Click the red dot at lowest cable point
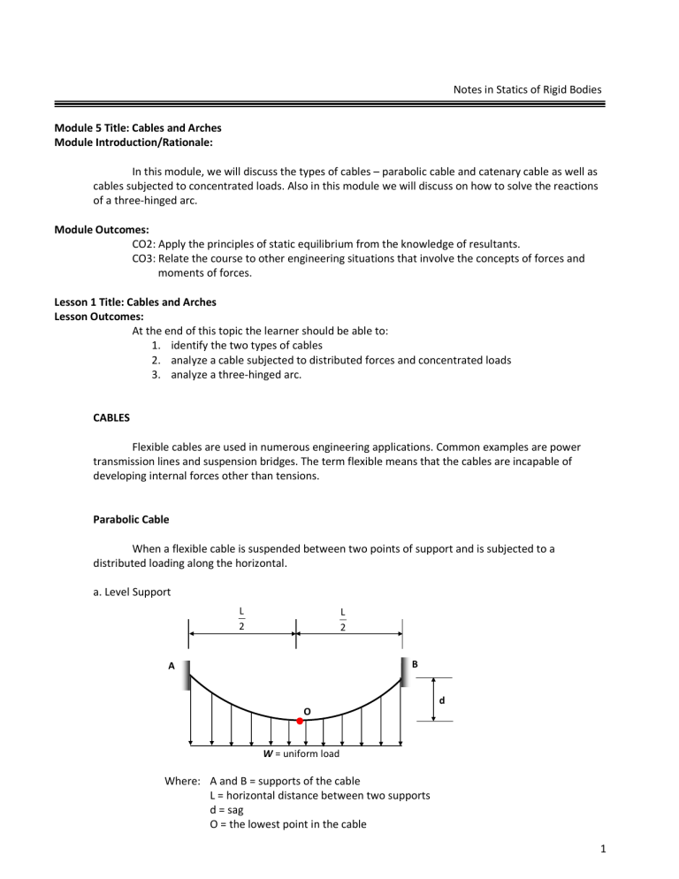(300, 722)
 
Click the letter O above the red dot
(307, 710)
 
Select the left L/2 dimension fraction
(241, 617)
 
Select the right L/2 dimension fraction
(342, 617)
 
